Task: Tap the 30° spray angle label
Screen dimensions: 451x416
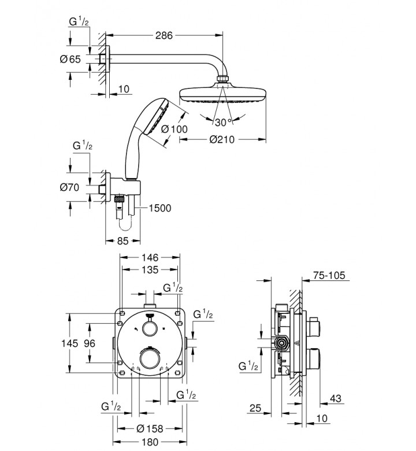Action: tap(222, 122)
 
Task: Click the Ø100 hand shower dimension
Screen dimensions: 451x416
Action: tap(174, 130)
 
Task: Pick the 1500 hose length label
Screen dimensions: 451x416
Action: tap(159, 208)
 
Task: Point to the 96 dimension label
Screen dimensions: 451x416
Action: tap(90, 343)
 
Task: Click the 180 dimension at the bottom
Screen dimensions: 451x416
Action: tap(150, 443)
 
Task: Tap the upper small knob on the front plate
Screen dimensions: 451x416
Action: tap(149, 328)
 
